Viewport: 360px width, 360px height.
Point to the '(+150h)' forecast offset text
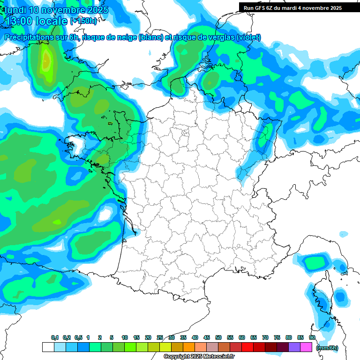(x=83, y=21)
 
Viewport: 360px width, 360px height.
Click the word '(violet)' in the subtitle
(x=249, y=37)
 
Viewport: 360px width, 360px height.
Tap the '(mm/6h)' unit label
(x=327, y=348)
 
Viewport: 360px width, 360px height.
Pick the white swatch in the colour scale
(x=48, y=347)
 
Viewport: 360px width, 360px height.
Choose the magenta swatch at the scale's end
(x=306, y=347)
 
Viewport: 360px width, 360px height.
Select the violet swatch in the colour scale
(x=294, y=347)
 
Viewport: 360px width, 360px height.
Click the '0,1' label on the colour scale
(x=54, y=337)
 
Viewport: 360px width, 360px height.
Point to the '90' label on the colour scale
(x=312, y=337)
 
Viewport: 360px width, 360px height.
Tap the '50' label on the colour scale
(x=218, y=337)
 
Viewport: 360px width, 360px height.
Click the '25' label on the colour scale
(x=160, y=337)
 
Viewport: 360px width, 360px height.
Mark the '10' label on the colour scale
(x=125, y=337)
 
